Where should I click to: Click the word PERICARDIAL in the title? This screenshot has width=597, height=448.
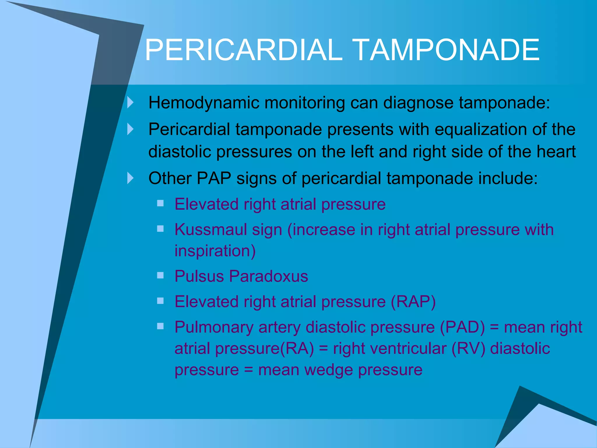243,50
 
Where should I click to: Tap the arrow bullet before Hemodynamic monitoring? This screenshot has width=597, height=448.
131,102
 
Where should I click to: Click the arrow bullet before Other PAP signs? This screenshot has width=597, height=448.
131,178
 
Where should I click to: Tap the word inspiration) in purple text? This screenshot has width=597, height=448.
215,251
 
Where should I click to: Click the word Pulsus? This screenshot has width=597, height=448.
199,276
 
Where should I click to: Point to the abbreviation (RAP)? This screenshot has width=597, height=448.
413,302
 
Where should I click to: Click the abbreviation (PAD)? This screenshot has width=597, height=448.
462,327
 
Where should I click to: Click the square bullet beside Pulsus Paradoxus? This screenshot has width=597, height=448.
160,275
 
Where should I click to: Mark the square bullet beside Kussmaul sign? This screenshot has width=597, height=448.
160,229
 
